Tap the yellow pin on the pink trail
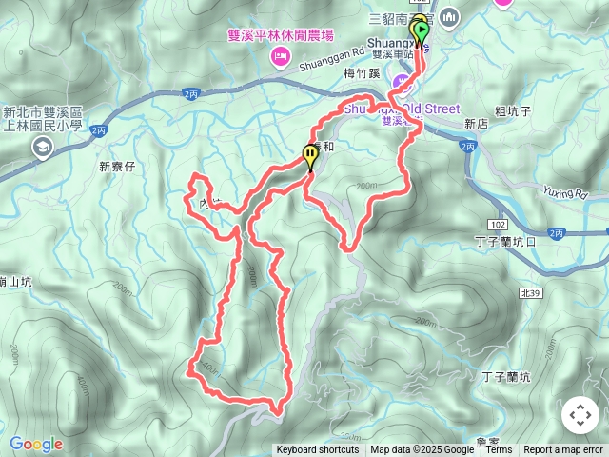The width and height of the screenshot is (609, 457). click(x=310, y=154)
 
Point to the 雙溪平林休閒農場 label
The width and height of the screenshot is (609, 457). click(x=282, y=34)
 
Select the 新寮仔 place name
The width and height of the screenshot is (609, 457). click(x=119, y=167)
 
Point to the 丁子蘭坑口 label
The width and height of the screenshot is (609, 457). click(x=505, y=242)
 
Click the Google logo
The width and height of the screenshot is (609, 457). click(x=35, y=444)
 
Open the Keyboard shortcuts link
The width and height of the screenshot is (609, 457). click(x=317, y=450)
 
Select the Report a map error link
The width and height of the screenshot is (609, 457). click(x=563, y=450)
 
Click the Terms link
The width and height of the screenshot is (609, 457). click(x=499, y=450)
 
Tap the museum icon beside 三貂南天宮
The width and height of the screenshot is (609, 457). click(x=449, y=16)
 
